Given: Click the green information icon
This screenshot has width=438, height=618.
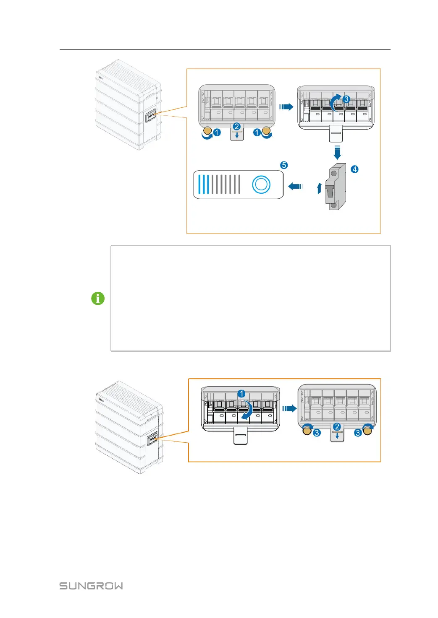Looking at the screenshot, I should (x=98, y=299).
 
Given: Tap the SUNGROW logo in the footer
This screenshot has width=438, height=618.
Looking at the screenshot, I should (x=91, y=586).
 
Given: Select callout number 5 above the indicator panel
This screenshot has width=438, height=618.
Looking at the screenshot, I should (x=284, y=165).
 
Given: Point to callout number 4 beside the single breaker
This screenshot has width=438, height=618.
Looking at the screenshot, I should (x=355, y=169).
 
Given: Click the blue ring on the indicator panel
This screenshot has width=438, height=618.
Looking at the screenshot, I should (x=261, y=184).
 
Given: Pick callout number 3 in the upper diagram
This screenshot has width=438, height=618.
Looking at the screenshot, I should (x=346, y=99).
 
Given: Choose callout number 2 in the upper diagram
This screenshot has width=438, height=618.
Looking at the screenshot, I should (x=236, y=127).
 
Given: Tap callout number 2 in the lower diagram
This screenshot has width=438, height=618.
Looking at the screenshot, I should (x=337, y=427).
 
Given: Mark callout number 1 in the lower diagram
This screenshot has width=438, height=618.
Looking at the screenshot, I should (x=241, y=394).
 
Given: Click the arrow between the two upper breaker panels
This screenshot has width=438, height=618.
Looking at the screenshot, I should (x=286, y=107).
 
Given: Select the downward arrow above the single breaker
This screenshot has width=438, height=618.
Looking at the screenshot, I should (x=337, y=152).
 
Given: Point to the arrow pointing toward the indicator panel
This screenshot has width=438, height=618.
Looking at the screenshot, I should (x=296, y=186).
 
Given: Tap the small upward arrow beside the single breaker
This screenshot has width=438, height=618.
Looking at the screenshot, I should (x=319, y=188).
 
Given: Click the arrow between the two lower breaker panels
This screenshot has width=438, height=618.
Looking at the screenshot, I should (x=289, y=408).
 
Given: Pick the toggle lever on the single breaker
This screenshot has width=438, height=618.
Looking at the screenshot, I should (x=330, y=190).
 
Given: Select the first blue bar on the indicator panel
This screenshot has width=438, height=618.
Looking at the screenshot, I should (x=199, y=184).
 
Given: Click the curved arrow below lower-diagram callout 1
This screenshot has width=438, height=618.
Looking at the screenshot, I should (x=247, y=409).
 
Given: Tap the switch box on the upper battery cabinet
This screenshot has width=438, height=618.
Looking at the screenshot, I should (x=151, y=116).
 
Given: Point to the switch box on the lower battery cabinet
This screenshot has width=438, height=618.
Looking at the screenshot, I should (x=152, y=439).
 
